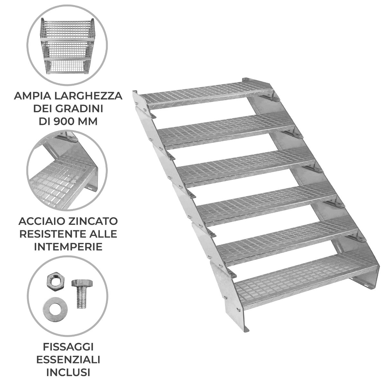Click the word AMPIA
29,96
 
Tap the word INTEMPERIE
68,247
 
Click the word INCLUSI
68,372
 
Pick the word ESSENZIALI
68,359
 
